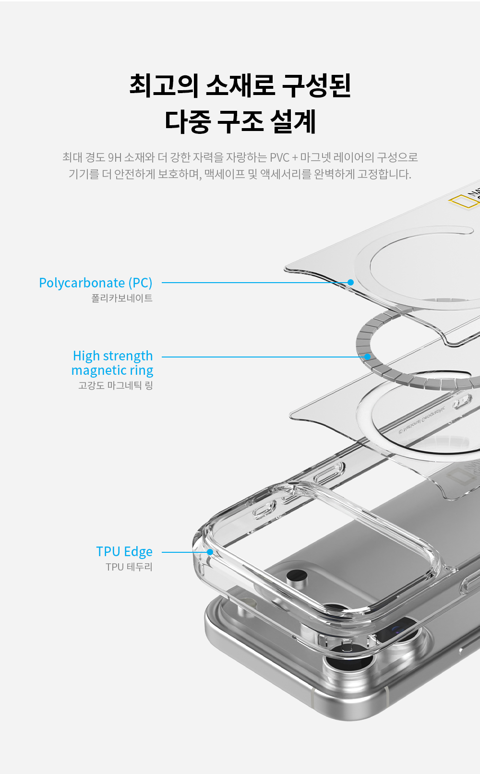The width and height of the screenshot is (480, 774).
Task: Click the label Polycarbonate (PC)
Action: [x=96, y=283]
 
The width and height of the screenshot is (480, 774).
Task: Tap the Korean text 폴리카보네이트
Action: [x=122, y=298]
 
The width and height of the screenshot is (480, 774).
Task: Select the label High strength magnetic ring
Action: [x=112, y=363]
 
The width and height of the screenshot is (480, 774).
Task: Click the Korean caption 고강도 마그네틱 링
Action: [x=116, y=385]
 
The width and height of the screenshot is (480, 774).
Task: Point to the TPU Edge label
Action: [x=124, y=552]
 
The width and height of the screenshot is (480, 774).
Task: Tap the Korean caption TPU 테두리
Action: [x=129, y=567]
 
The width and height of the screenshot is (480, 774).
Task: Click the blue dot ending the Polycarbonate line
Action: [x=351, y=282]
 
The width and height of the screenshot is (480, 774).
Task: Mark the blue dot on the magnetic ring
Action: [x=367, y=357]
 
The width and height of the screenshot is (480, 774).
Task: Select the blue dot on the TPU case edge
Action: [x=210, y=552]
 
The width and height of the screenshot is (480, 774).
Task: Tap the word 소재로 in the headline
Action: [x=240, y=85]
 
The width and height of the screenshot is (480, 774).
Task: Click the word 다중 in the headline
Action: [x=188, y=121]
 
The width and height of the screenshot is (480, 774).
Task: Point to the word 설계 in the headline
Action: [x=293, y=121]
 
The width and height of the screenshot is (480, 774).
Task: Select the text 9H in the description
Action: [x=115, y=157]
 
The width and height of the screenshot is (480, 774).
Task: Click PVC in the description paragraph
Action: [x=279, y=157]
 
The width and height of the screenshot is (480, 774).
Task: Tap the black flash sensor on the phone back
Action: [x=297, y=575]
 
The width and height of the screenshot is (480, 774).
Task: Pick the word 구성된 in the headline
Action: [x=316, y=85]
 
